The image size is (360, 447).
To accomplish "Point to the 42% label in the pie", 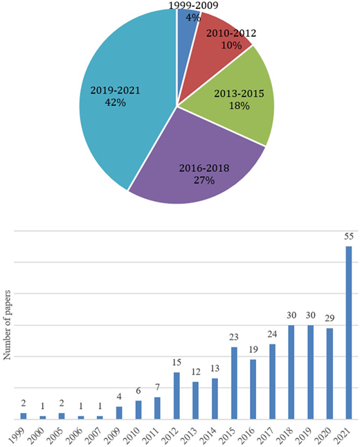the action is [x=116, y=103].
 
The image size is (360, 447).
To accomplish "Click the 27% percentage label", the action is [x=204, y=180].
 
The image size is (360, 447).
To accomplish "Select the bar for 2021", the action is [x=349, y=333].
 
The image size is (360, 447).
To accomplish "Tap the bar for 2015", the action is [x=234, y=383].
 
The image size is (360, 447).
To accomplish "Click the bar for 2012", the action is [x=177, y=396].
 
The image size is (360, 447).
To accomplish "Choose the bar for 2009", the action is [x=119, y=413].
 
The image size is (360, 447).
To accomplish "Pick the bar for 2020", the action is [x=330, y=374].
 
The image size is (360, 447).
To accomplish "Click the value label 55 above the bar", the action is [x=349, y=236].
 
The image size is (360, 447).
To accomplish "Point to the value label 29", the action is [x=330, y=318].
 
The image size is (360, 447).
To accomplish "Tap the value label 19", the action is [x=253, y=349].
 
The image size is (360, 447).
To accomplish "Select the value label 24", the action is [x=272, y=334].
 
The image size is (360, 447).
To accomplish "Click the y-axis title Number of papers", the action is [x=7, y=325].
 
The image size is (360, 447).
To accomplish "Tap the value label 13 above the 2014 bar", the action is [x=215, y=368].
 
